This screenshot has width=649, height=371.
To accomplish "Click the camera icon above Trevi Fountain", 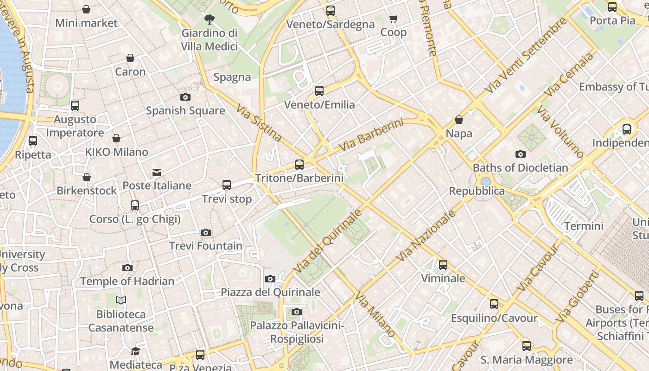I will point(206,232).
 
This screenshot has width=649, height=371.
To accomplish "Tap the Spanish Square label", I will point(185,111).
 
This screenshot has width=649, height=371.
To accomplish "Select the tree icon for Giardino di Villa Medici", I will point(209,19).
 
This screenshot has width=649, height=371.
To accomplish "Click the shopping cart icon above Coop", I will point(394,19).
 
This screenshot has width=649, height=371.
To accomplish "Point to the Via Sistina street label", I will point(259,123).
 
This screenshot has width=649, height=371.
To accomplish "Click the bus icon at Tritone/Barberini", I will point(299,164).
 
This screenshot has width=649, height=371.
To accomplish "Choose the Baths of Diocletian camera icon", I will point(521,154).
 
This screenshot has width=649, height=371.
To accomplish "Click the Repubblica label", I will point(477,191).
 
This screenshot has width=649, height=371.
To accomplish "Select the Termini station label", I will point(584,226).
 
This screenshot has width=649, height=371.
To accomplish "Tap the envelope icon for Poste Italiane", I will point(157,173).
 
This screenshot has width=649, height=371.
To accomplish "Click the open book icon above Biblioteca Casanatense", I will point(121,301).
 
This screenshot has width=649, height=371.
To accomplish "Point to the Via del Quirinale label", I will point(327,241).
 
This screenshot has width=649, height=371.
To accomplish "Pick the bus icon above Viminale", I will point(443,265).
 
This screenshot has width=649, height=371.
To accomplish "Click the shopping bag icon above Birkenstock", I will point(87,177).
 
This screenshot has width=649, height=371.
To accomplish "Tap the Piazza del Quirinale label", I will point(270,292).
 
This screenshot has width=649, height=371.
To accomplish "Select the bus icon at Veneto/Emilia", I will point(319,91).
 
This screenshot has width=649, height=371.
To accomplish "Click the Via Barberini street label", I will point(371,135).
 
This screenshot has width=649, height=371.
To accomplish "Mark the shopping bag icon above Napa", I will point(459,120).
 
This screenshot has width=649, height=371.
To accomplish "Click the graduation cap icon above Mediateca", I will point(135,351).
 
